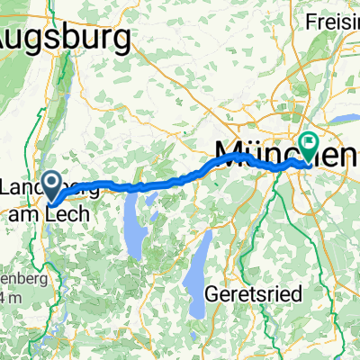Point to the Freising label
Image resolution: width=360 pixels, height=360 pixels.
333,20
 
